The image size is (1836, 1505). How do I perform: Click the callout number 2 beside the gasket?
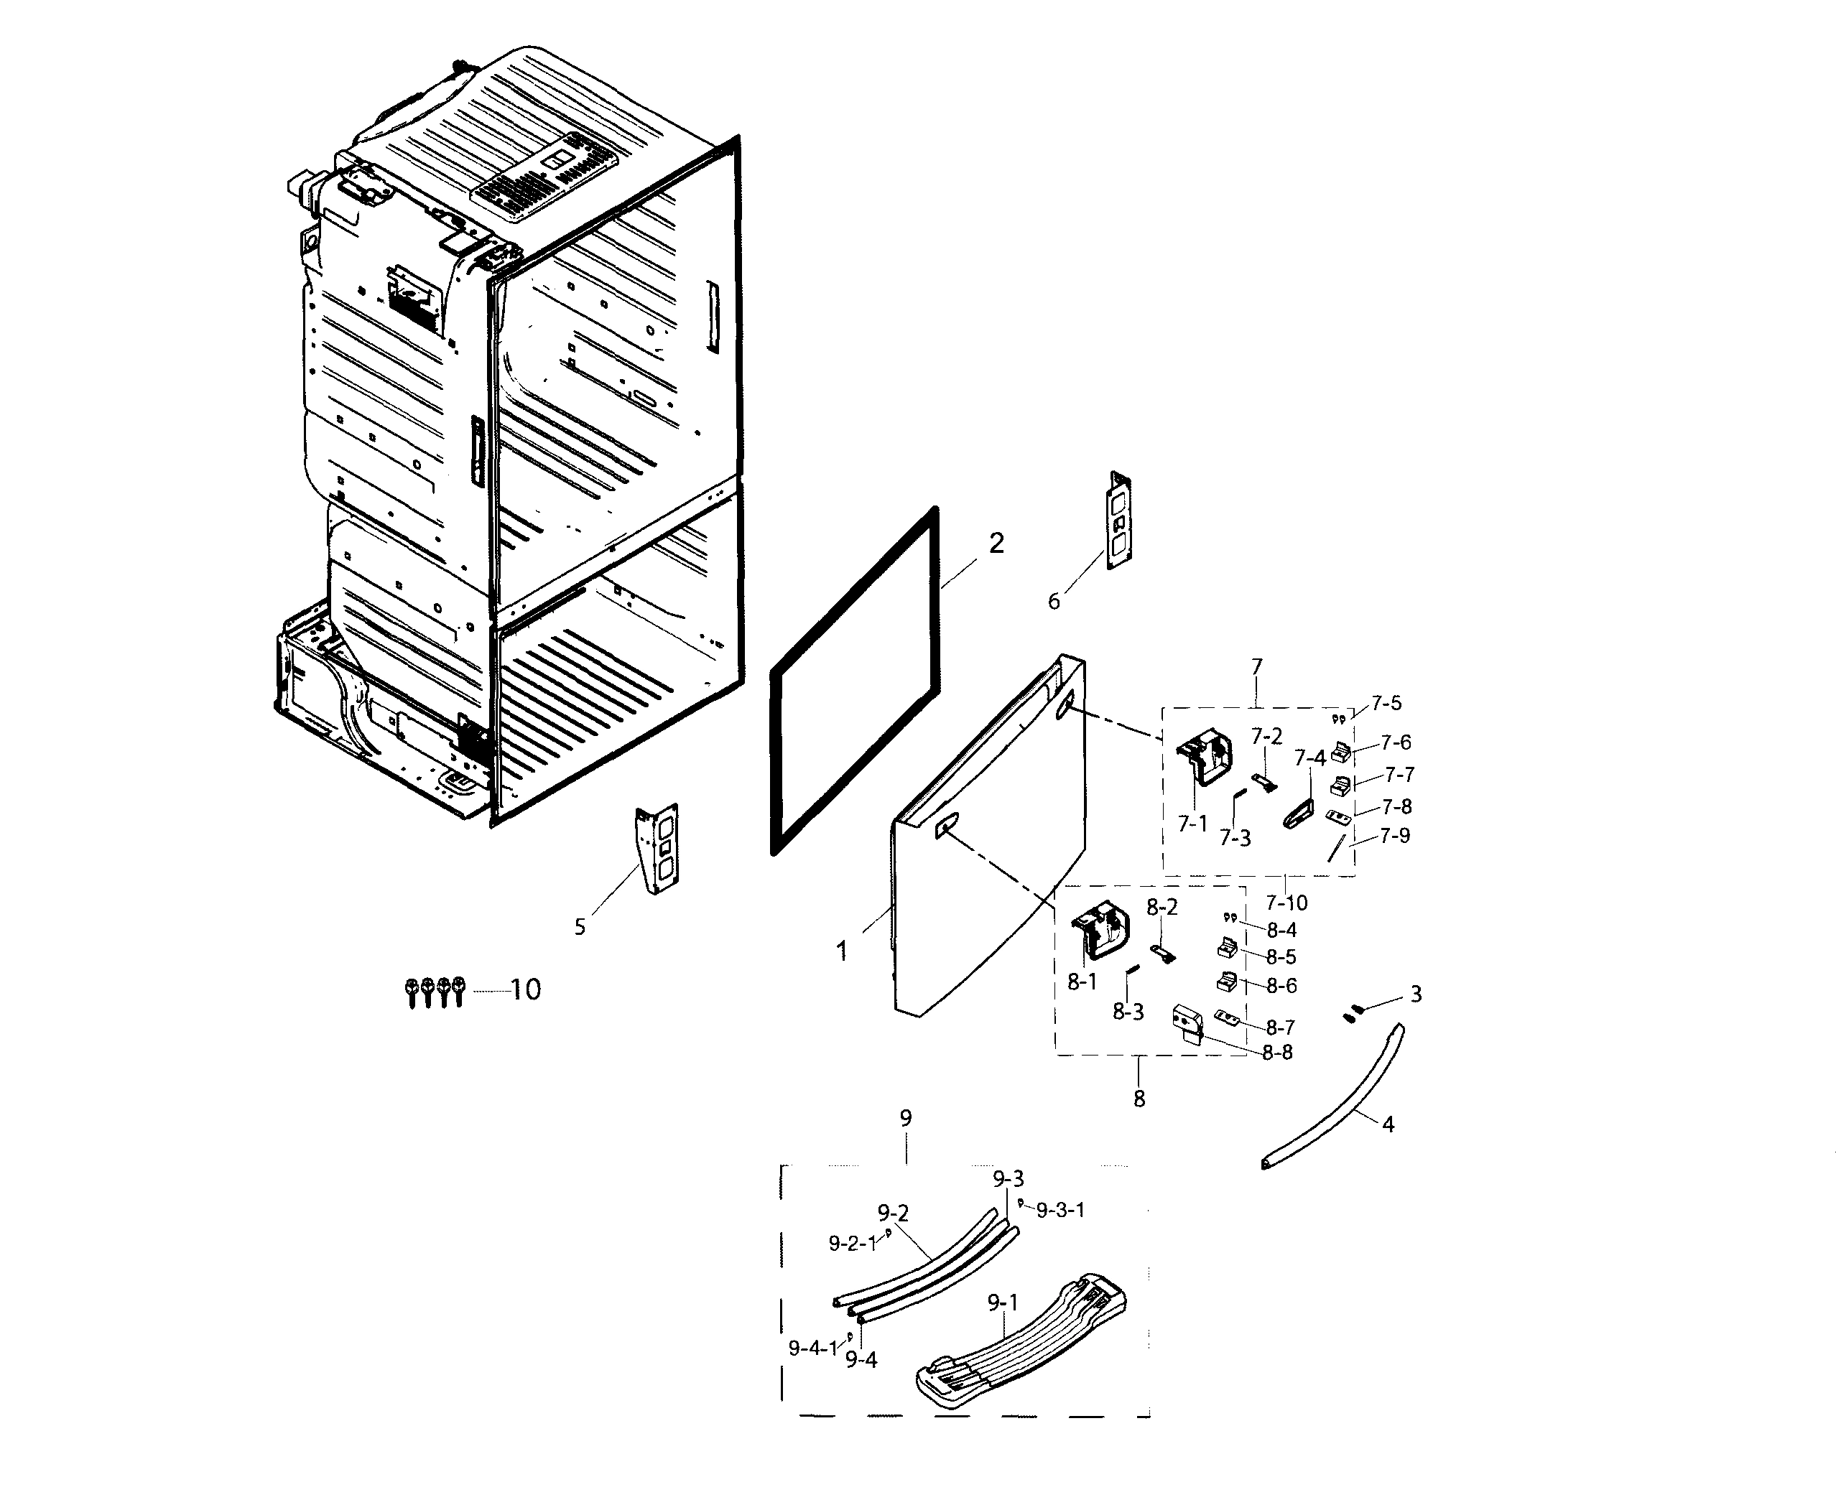pos(996,543)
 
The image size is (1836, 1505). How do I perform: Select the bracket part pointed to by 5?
pos(658,848)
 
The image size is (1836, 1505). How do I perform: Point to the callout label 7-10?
pos(1286,903)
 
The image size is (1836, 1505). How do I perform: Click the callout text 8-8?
pos(1276,1053)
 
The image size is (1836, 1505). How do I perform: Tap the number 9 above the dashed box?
pos(905,1119)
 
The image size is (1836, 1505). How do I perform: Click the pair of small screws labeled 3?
pos(1352,1012)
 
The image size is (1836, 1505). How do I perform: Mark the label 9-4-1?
pos(812,1348)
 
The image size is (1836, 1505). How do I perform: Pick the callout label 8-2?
pos(1162,907)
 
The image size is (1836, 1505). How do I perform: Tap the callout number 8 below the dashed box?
pos(1139,1099)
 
